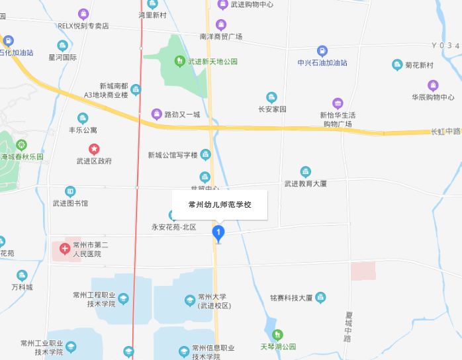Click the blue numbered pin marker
218,232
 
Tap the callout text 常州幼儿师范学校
220,204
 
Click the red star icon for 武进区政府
94,150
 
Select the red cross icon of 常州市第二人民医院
65,249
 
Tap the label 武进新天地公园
212,62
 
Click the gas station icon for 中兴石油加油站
322,51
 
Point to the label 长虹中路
445,131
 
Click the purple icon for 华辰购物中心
433,85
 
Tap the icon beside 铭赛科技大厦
320,298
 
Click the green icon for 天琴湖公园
277,335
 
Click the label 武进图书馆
70,203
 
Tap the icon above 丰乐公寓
83,118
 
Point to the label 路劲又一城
181,114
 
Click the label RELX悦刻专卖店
83,26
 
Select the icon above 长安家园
271,97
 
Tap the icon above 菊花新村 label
397,65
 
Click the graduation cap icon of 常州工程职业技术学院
123,299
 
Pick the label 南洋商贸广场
220,36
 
